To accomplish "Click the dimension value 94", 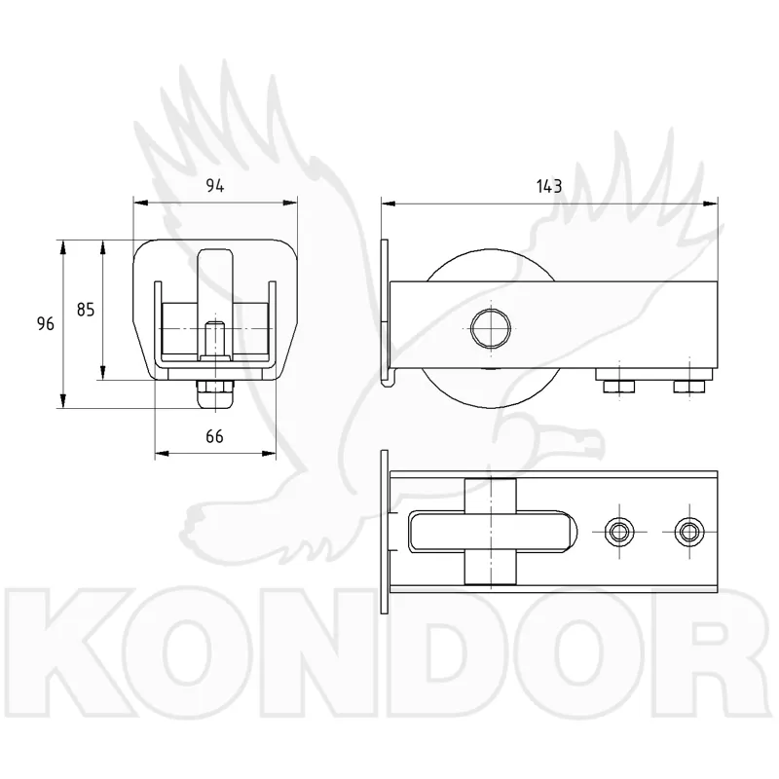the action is tap(215, 186).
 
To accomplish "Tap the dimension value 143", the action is tap(549, 186).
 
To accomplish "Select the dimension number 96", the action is tap(45, 324).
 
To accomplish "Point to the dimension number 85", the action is tap(86, 310).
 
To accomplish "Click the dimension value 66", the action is tap(214, 436).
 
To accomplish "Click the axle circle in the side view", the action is tap(491, 328).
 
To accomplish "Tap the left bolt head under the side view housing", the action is tap(618, 386).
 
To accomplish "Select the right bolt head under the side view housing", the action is tap(689, 386).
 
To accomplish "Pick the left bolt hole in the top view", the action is tap(619, 532).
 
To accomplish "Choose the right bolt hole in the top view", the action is tap(689, 532).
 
